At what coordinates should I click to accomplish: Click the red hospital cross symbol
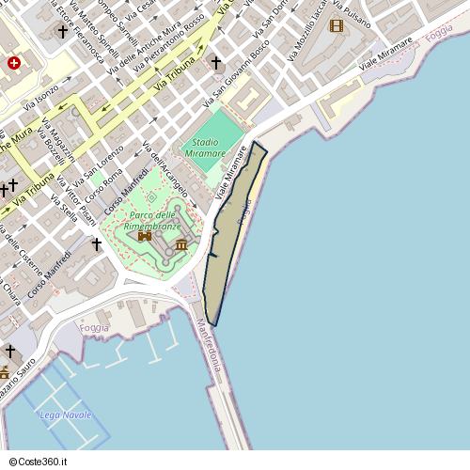(x=14, y=63)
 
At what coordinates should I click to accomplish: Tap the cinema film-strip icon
(x=337, y=25)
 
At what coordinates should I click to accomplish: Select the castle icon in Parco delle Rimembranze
(x=145, y=236)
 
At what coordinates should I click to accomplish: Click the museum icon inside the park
(x=180, y=245)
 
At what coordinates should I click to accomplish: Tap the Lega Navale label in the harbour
(x=66, y=415)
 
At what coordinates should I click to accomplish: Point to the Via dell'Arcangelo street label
(x=164, y=168)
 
